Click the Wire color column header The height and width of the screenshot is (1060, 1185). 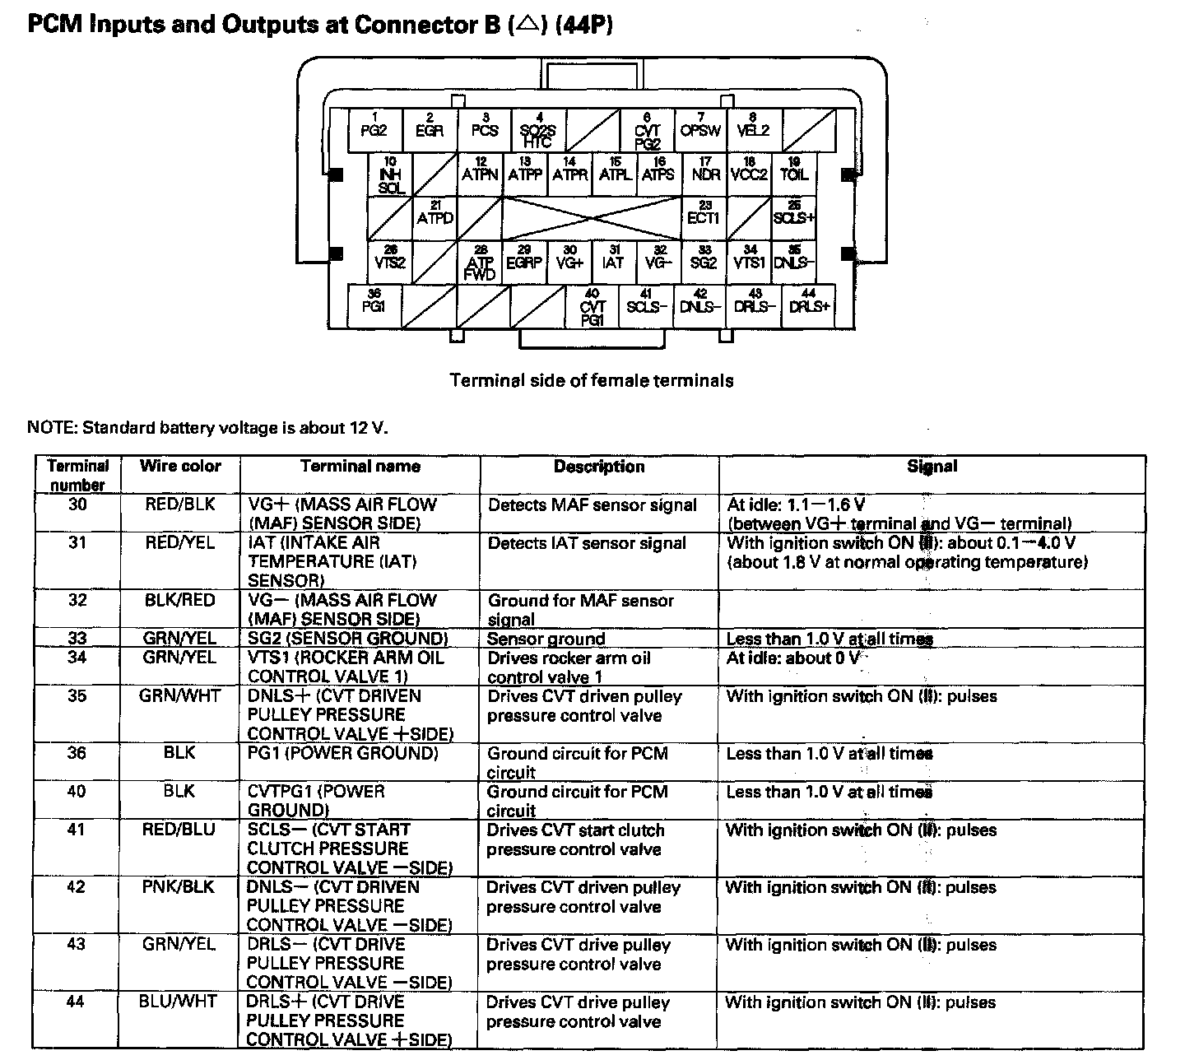(x=180, y=467)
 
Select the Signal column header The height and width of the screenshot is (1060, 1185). (x=932, y=467)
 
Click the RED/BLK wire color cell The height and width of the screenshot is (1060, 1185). (x=180, y=504)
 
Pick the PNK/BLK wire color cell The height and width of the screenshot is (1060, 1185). (x=180, y=887)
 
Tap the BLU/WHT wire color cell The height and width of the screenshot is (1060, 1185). (x=180, y=1002)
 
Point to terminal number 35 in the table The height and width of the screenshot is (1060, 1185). (x=77, y=696)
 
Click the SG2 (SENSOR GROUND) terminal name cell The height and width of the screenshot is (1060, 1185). (x=348, y=639)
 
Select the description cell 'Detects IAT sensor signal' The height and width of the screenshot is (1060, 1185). (x=587, y=543)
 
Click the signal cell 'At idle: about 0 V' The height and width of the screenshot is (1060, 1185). (x=793, y=658)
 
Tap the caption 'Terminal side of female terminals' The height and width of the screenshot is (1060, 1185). (x=592, y=380)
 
